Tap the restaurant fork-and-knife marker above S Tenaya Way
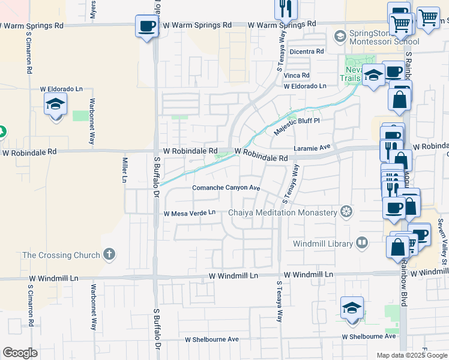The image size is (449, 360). pos(285,8)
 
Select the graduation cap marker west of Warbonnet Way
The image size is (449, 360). pos(56,104)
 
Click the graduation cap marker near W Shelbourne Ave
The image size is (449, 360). pos(352,309)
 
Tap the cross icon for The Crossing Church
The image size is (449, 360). pos(109,254)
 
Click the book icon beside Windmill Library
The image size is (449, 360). pos(362,243)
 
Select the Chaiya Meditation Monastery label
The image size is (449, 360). pos(283,212)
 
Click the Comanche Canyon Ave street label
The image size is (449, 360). pos(226,188)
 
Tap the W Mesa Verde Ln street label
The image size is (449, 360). pos(189,213)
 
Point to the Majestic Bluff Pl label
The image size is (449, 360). pos(298,125)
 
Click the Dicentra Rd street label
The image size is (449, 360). pos(306,52)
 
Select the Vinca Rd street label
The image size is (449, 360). pos(297,76)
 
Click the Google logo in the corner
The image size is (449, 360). pos(20,353)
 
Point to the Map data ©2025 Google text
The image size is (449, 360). pos(411,355)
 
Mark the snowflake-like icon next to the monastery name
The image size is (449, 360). pos(346,211)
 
